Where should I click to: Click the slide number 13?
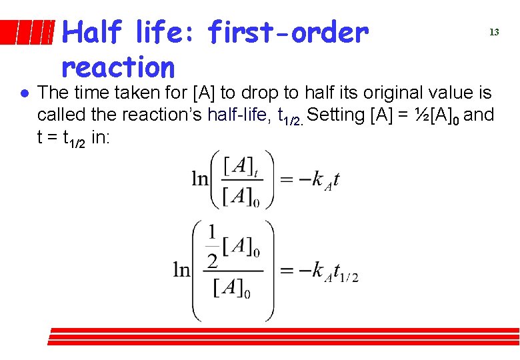click(x=494, y=32)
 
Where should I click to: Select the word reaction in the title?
click(x=117, y=67)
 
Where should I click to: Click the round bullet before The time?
click(x=23, y=93)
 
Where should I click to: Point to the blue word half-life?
click(x=237, y=115)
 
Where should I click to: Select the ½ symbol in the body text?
click(x=421, y=115)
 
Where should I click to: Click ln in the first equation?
click(x=200, y=179)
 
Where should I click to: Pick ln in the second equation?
click(x=182, y=269)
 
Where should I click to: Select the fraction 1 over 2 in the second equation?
click(x=212, y=246)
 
